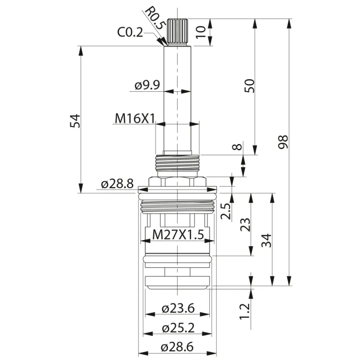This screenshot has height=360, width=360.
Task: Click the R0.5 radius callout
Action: pos(154,18)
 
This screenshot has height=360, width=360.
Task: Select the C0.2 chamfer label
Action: pos(130,32)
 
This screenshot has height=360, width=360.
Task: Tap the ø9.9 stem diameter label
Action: pos(147,85)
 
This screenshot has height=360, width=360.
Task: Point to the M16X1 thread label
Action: pos(135,119)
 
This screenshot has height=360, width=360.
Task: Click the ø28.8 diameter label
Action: pos(117,184)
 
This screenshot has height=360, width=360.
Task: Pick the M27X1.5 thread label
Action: pos(178,235)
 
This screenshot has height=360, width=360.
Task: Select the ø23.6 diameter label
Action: pos(178,308)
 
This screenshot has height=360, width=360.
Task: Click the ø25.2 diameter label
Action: pos(178,328)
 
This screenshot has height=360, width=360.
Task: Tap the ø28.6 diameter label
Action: pos(177,347)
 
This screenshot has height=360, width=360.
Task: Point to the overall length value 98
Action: pos(283,142)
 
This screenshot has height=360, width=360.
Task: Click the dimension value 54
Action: pos(75,121)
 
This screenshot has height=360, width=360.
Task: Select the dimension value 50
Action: pos(250,85)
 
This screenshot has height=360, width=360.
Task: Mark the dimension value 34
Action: pos(266,240)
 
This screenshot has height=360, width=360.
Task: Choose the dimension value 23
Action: pos(245,225)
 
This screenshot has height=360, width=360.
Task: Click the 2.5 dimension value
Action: pos(226,212)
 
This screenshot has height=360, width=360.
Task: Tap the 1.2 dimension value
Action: pos(244,312)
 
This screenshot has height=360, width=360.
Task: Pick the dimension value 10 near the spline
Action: pos(201,32)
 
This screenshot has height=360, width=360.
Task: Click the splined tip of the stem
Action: pos(178,32)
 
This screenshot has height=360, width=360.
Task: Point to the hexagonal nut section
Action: pos(177,182)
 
